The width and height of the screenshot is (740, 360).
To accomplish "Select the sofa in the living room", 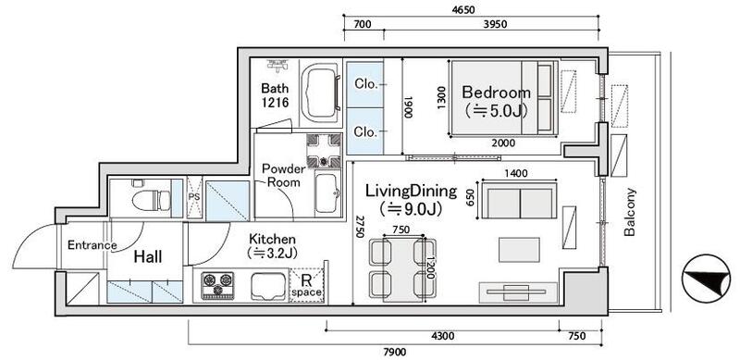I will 517,202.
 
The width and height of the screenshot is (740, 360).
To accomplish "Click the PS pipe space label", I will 195,196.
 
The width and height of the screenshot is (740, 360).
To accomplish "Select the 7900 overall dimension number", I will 395,351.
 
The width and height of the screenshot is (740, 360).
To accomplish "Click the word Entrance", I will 92,245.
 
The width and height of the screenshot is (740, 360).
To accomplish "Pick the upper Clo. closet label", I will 366,82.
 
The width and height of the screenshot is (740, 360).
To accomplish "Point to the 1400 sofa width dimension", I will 516,172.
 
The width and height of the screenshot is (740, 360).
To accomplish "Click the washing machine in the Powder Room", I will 325,148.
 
